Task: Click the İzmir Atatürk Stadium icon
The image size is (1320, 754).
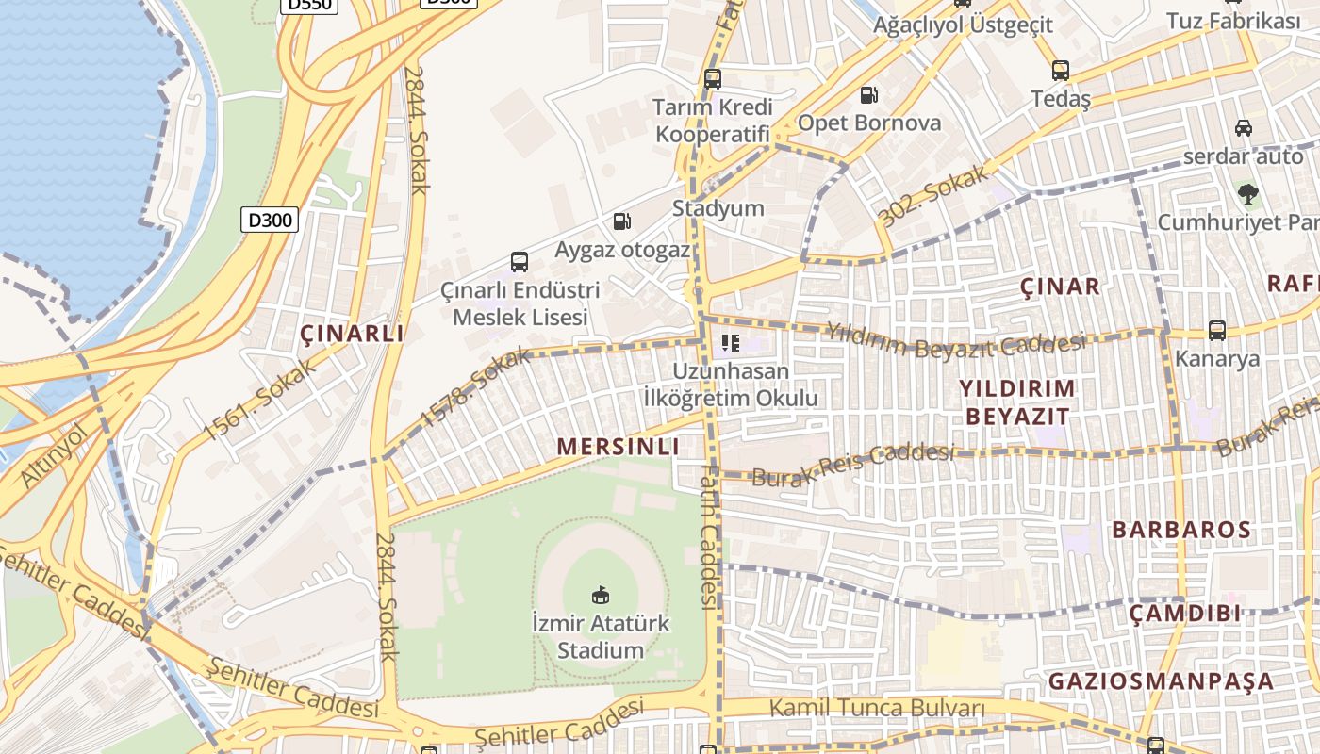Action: pyautogui.click(x=600, y=595)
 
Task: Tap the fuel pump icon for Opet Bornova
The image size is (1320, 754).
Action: pyautogui.click(x=868, y=94)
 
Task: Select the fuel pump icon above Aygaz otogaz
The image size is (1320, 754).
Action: pyautogui.click(x=621, y=221)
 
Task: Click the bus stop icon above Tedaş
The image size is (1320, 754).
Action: pyautogui.click(x=1061, y=71)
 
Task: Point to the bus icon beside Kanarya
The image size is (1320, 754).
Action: pyautogui.click(x=1217, y=331)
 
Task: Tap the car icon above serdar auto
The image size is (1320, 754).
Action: pyautogui.click(x=1243, y=128)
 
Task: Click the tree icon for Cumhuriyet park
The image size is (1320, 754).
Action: pyautogui.click(x=1248, y=194)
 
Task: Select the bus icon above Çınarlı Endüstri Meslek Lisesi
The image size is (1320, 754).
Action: pyautogui.click(x=519, y=262)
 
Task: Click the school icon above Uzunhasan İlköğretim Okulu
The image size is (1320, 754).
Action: pyautogui.click(x=730, y=343)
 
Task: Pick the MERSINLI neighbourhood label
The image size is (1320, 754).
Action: pyautogui.click(x=618, y=447)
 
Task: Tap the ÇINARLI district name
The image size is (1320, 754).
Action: pyautogui.click(x=352, y=334)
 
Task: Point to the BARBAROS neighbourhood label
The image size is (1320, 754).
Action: pyautogui.click(x=1181, y=530)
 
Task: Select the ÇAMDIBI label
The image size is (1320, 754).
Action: pyautogui.click(x=1185, y=614)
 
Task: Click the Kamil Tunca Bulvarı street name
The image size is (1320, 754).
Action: pyautogui.click(x=877, y=708)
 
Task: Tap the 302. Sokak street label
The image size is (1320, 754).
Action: pyautogui.click(x=933, y=196)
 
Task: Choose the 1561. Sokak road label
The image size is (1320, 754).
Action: pyautogui.click(x=248, y=398)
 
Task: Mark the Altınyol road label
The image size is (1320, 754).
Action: pyautogui.click(x=52, y=455)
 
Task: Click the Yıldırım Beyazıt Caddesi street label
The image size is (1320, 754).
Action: pyautogui.click(x=955, y=338)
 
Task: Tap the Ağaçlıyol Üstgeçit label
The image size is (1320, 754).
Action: pyautogui.click(x=963, y=25)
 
